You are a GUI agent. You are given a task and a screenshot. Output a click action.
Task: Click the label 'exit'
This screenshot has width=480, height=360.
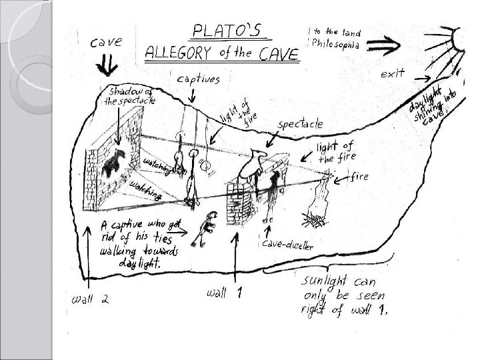393,74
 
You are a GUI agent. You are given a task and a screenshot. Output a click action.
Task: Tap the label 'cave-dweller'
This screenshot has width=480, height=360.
289,246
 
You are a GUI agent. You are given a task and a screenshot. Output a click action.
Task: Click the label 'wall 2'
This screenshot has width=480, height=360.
91,299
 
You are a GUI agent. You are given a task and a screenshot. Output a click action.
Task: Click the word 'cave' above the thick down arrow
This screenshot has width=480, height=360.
107,41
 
